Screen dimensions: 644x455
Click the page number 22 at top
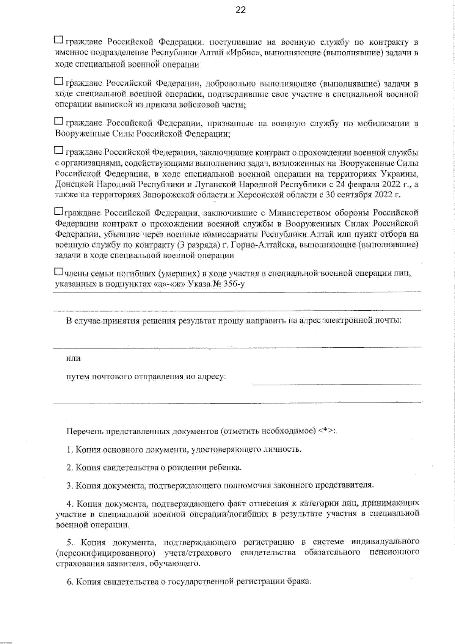[240, 10]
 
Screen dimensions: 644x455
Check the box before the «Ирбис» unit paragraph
[59, 39]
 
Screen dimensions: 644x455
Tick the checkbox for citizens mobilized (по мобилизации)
[59, 121]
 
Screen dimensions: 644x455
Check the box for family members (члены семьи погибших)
[59, 272]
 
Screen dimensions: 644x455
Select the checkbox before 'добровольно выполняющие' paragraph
[59, 81]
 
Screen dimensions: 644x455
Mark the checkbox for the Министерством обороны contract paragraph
[59, 211]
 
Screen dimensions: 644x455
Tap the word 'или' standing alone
[73, 358]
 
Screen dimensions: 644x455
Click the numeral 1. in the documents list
[69, 450]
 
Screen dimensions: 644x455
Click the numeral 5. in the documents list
[70, 542]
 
